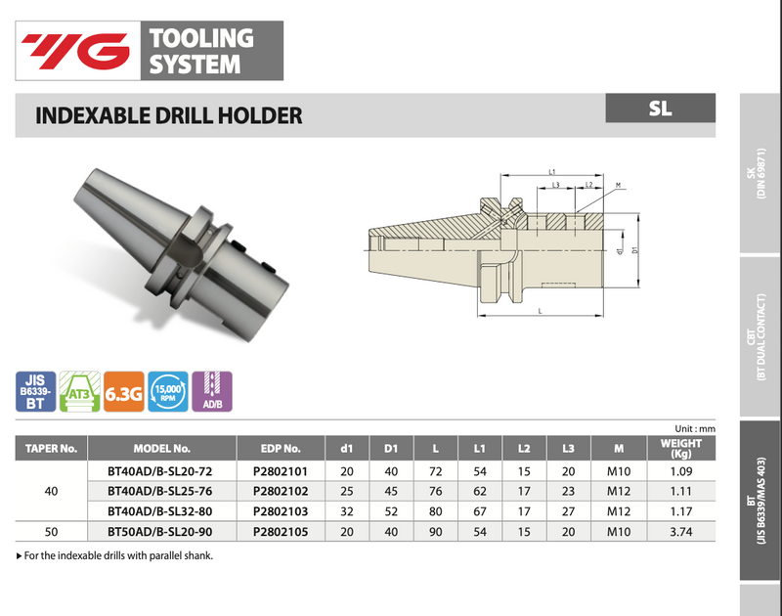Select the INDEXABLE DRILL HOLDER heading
pos(168,115)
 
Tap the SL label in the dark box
pos(660,108)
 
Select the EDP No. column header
pos(280,449)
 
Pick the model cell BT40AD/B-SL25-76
pos(161,490)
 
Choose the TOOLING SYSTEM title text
pos(200,51)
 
